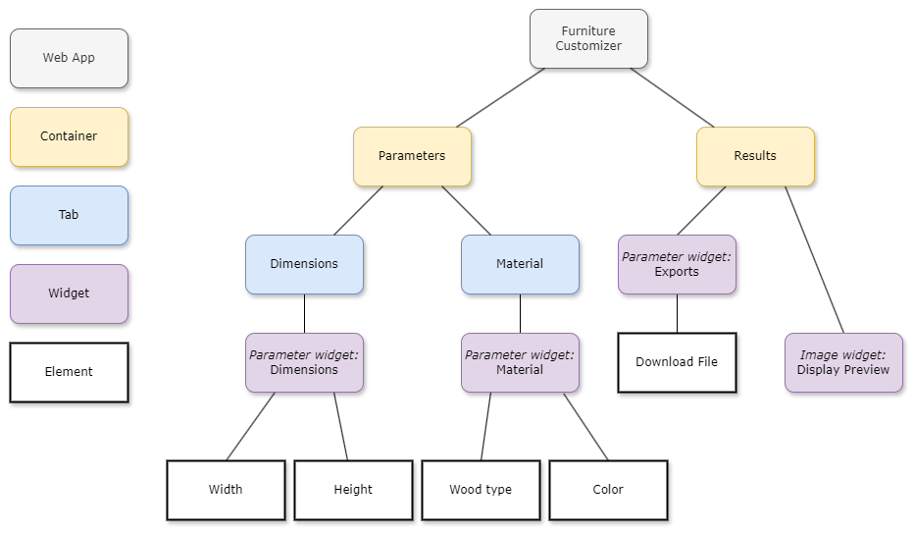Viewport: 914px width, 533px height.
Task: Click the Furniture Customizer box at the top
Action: [x=588, y=39]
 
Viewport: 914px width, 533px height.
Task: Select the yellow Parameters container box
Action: [x=412, y=156]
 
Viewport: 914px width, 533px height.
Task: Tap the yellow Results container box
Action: [x=755, y=156]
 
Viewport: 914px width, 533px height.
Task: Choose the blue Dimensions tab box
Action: [x=304, y=264]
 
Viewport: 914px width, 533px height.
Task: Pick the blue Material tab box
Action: [x=520, y=264]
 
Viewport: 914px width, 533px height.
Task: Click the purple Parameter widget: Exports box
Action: [x=677, y=264]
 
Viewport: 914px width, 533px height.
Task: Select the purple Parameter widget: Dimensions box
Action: [x=304, y=362]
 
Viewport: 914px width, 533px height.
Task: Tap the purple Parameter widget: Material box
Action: [x=520, y=362]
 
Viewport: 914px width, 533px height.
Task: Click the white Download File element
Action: [x=677, y=362]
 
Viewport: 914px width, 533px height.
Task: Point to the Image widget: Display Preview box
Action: [x=843, y=362]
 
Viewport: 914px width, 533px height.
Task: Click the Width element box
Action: [x=226, y=490]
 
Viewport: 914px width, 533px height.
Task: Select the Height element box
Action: [x=353, y=490]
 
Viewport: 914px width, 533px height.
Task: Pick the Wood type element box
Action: [x=481, y=490]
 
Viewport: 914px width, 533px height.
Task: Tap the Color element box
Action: [x=608, y=490]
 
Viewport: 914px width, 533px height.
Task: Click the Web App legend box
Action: [x=69, y=58]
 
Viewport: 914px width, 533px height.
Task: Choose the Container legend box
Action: [x=69, y=136]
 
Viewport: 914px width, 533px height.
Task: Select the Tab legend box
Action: [x=69, y=215]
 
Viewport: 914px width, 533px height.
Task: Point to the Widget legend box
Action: [x=69, y=293]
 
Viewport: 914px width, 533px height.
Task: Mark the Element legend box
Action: [x=69, y=372]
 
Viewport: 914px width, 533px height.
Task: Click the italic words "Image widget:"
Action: [x=842, y=355]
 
